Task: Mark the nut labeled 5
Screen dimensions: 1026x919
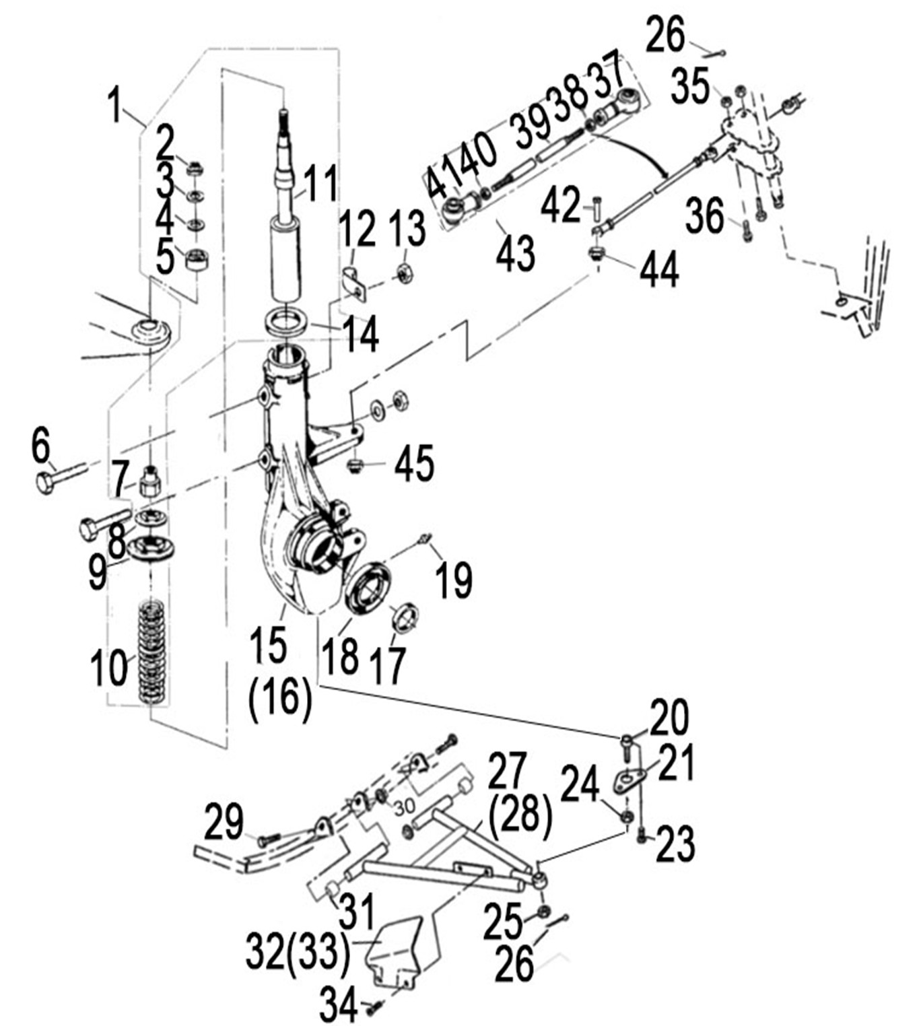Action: (197, 259)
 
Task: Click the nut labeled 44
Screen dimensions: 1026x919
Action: (595, 254)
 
